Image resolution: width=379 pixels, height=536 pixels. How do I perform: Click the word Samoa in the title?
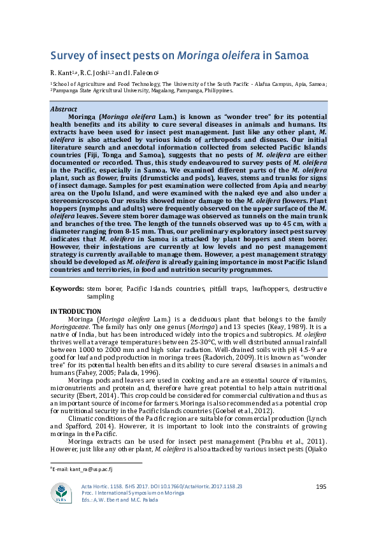click(x=291, y=55)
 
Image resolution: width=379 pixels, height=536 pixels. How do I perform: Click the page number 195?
click(x=321, y=487)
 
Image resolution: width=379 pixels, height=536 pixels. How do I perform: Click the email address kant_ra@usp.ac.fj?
click(x=83, y=469)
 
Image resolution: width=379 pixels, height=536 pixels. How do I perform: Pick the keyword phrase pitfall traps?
click(x=226, y=289)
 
